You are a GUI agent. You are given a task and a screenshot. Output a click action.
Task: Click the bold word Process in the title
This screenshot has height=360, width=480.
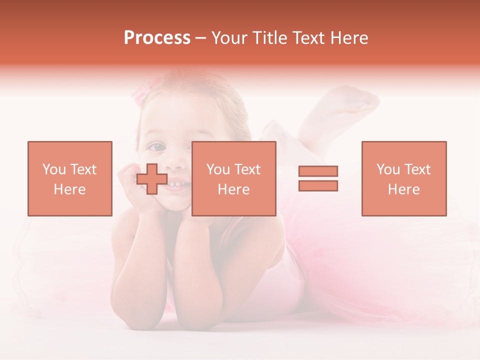click(x=157, y=38)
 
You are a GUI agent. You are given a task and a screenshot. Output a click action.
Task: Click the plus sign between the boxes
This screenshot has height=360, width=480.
click(x=152, y=178)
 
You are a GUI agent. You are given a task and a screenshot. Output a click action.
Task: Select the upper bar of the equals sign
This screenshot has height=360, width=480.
click(x=318, y=171)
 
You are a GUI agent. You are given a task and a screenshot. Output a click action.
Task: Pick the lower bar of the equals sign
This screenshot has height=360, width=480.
click(x=318, y=185)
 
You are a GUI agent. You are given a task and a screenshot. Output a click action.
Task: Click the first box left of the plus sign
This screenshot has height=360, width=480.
click(x=70, y=178)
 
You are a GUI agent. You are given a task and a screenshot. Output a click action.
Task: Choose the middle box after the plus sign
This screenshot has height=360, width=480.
click(x=233, y=178)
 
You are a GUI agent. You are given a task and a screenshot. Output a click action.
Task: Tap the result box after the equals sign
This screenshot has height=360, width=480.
click(x=403, y=178)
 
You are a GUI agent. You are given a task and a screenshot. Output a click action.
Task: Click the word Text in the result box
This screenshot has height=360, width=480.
click(x=417, y=169)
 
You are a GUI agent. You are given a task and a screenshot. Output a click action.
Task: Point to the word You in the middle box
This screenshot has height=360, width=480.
click(x=218, y=169)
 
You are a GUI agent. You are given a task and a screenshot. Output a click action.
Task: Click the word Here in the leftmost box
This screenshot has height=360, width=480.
click(x=69, y=189)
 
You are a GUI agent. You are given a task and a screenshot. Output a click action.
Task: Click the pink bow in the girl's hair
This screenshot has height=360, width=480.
click(x=141, y=93)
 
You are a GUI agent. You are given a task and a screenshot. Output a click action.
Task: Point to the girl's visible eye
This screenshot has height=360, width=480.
click(x=156, y=146)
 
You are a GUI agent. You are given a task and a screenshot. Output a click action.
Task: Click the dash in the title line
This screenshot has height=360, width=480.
click(x=201, y=38)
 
